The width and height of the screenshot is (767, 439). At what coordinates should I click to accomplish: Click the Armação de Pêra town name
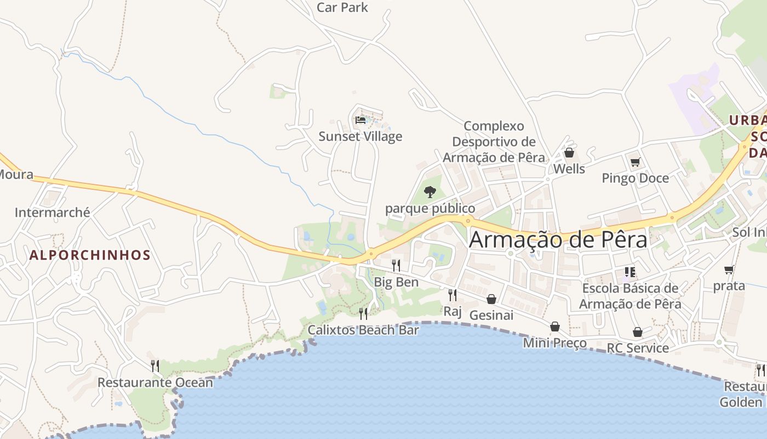pyautogui.click(x=558, y=240)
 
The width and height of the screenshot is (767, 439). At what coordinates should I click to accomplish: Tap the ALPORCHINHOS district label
pyautogui.click(x=90, y=255)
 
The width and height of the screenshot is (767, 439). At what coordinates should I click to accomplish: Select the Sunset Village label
pyautogui.click(x=360, y=137)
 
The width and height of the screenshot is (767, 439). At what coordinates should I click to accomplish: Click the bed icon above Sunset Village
pyautogui.click(x=360, y=120)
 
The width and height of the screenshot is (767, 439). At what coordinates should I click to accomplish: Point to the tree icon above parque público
pyautogui.click(x=430, y=192)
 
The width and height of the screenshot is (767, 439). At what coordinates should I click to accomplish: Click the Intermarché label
pyautogui.click(x=53, y=212)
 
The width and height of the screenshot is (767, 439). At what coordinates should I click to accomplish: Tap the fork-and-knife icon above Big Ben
pyautogui.click(x=396, y=266)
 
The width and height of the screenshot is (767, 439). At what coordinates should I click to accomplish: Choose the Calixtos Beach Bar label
pyautogui.click(x=363, y=330)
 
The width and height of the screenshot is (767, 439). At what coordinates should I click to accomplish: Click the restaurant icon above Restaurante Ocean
pyautogui.click(x=155, y=365)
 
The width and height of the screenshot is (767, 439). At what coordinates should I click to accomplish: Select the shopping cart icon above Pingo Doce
pyautogui.click(x=635, y=162)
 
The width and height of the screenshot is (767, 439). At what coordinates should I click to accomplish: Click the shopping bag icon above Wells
pyautogui.click(x=569, y=153)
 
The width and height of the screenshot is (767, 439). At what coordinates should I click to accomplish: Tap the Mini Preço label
pyautogui.click(x=554, y=343)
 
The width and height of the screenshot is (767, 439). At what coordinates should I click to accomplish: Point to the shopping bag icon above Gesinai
pyautogui.click(x=491, y=299)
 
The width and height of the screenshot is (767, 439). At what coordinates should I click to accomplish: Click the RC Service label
pyautogui.click(x=638, y=348)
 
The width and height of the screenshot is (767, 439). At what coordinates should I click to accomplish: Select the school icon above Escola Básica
pyautogui.click(x=630, y=272)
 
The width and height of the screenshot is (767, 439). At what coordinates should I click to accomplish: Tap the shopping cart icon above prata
pyautogui.click(x=729, y=269)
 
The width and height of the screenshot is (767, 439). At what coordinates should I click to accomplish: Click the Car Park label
pyautogui.click(x=342, y=8)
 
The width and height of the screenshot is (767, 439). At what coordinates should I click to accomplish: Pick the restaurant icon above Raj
pyautogui.click(x=453, y=295)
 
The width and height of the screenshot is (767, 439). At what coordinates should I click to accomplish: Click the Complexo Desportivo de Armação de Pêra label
pyautogui.click(x=494, y=142)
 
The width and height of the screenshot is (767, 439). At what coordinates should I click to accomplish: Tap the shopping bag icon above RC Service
pyautogui.click(x=637, y=332)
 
